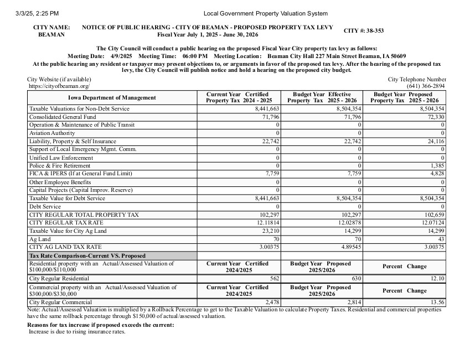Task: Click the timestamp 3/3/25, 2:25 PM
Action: click(38, 13)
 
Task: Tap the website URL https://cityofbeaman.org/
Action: click(58, 86)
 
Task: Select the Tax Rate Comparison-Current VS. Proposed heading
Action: click(87, 255)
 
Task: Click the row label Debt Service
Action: click(45, 206)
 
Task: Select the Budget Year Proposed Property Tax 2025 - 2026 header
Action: click(405, 98)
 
